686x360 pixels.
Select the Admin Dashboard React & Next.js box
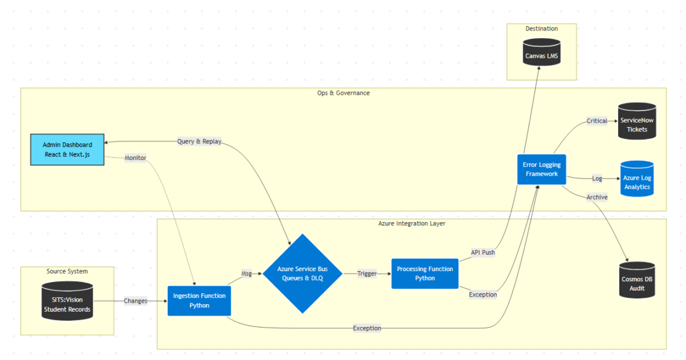67,149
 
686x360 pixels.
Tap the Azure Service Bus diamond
303,274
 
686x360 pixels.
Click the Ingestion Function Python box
199,300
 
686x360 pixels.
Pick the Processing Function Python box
425,274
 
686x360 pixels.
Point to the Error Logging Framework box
541,169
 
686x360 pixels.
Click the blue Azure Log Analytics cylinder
636,178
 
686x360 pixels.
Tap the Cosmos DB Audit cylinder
636,280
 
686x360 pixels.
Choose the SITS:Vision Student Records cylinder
67,301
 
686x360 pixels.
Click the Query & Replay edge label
199,142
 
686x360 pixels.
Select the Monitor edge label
135,157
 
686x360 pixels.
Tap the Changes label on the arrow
135,301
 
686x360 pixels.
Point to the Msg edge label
246,274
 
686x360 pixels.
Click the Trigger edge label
367,274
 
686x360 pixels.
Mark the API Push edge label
483,252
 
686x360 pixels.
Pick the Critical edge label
597,121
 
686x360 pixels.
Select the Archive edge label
597,197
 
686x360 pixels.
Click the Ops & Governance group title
343,93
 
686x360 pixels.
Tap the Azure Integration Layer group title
412,223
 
